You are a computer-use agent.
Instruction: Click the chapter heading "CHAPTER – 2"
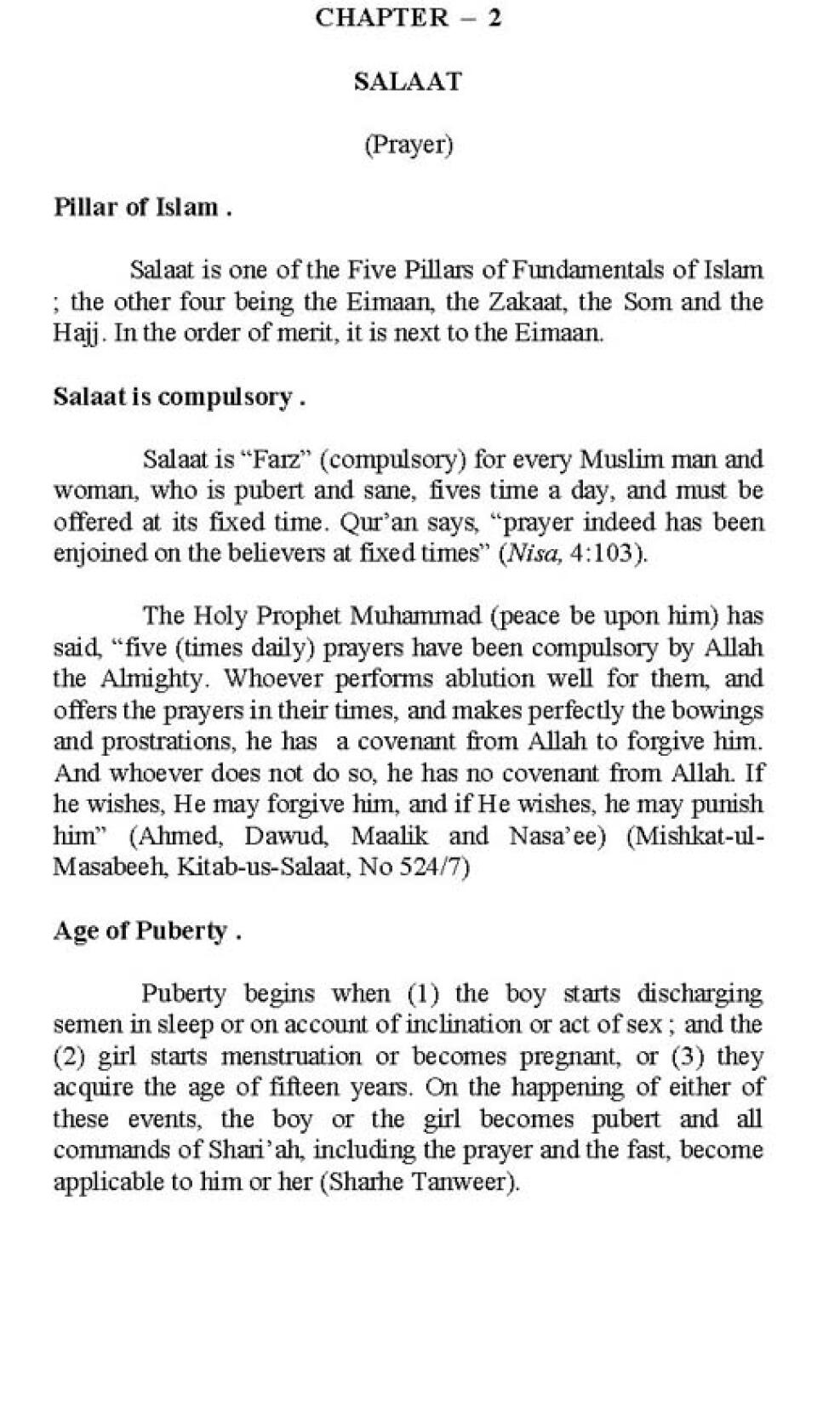tap(408, 18)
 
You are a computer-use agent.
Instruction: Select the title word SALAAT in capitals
tap(408, 82)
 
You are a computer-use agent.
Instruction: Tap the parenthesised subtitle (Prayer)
tap(408, 145)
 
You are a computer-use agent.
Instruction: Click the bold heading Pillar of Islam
tap(142, 207)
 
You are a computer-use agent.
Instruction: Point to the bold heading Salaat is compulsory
tap(179, 397)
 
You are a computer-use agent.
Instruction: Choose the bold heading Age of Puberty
tap(146, 930)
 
